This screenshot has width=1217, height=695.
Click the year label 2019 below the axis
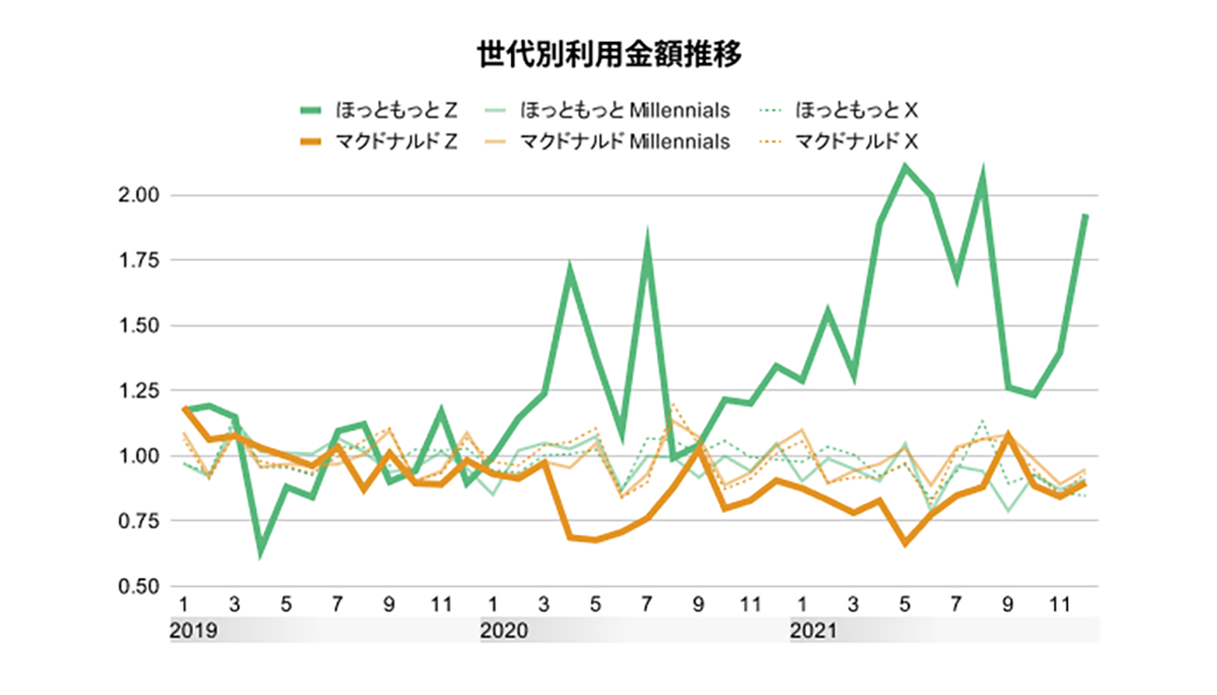coord(194,630)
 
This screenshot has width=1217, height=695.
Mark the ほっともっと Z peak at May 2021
coord(905,167)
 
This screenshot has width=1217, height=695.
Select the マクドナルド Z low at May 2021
coord(905,543)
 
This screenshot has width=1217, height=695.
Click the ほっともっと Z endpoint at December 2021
coord(1085,215)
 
